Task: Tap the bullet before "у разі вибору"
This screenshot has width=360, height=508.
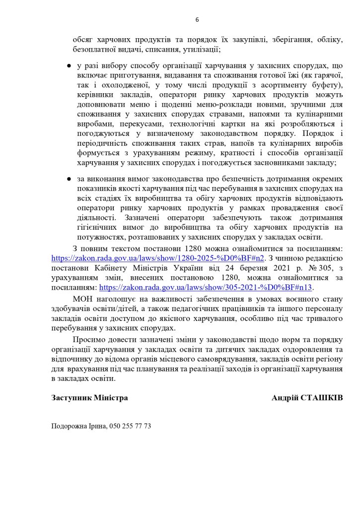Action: [x=69, y=66]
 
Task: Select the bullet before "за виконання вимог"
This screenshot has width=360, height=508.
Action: [x=69, y=178]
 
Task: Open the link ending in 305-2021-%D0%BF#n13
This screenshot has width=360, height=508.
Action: [x=207, y=287]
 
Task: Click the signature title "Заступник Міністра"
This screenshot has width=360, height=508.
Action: [x=89, y=398]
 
